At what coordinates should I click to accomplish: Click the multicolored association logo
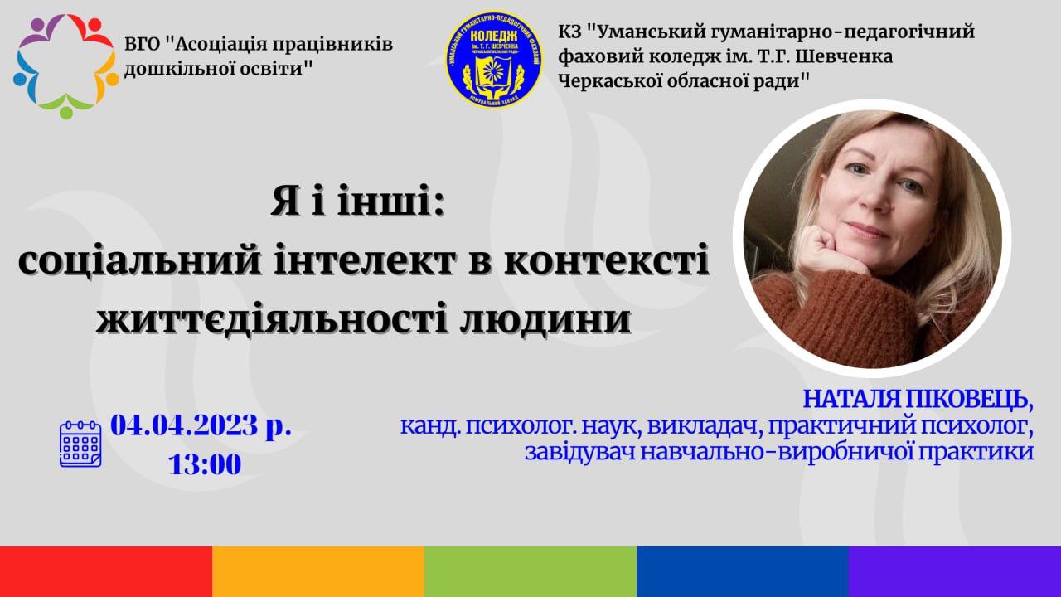pyautogui.click(x=65, y=66)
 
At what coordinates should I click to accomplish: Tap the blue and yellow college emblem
pyautogui.click(x=494, y=59)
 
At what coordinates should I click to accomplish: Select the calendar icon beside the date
pyautogui.click(x=80, y=444)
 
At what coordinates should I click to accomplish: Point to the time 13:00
pyautogui.click(x=205, y=464)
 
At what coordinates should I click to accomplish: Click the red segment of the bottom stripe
pyautogui.click(x=106, y=571)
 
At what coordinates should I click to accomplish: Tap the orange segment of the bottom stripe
pyautogui.click(x=318, y=571)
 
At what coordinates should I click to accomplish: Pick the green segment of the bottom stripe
pyautogui.click(x=530, y=571)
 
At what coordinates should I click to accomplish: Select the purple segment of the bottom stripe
pyautogui.click(x=955, y=571)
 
